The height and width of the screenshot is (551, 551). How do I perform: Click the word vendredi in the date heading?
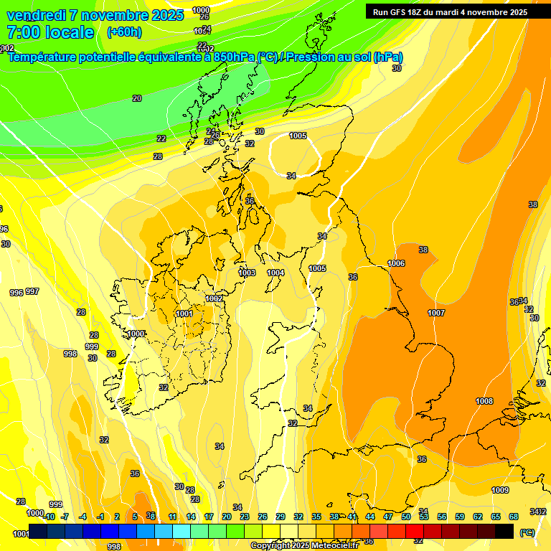coord(36,15)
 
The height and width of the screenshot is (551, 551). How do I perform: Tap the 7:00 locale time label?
coord(50,32)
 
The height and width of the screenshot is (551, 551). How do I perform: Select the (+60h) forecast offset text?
coord(124,32)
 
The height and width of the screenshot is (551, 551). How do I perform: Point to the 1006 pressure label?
coord(396,263)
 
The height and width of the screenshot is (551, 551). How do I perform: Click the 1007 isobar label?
coord(436,313)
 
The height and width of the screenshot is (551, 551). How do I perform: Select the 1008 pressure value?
coord(484,401)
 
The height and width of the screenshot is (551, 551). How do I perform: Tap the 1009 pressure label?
coord(500,490)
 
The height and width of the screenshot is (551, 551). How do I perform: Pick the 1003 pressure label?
coord(247,273)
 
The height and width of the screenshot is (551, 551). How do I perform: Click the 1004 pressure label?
coord(275,273)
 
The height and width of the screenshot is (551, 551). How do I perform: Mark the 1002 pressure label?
coord(214,298)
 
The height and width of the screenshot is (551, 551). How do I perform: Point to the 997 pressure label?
coord(32,292)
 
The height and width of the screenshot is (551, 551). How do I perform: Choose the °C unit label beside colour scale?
coord(527,532)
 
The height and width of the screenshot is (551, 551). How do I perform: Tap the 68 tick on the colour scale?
coord(513,517)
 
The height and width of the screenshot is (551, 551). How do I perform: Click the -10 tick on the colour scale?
coord(49,517)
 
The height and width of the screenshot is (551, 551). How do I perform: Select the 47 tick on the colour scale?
coord(387,517)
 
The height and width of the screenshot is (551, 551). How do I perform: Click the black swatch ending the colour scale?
coord(504,531)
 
